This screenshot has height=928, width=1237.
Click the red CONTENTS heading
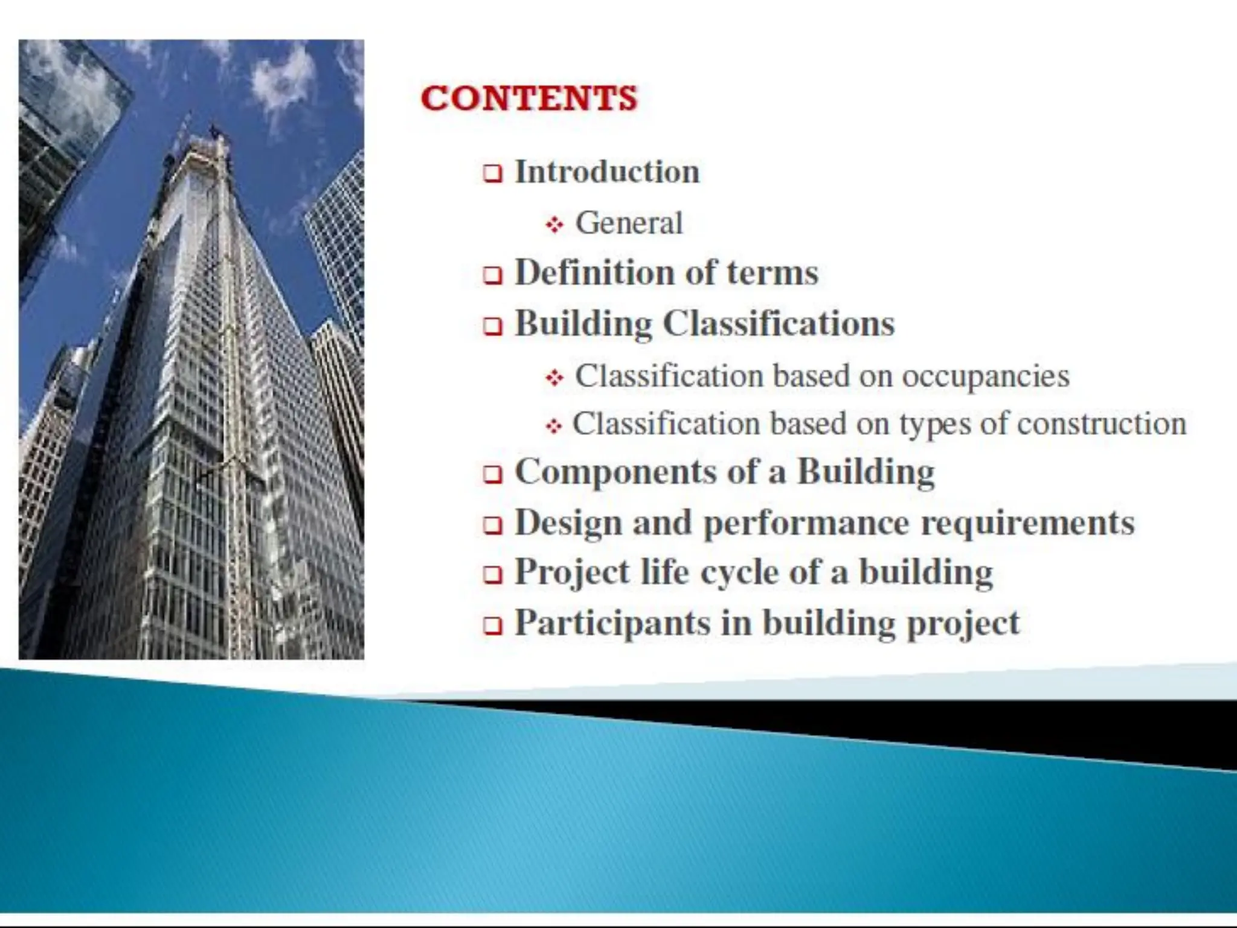click(x=529, y=98)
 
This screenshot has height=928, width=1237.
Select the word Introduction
click(x=607, y=172)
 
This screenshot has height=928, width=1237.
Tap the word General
click(x=629, y=223)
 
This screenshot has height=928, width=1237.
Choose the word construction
click(x=1102, y=424)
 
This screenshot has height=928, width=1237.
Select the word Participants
click(x=612, y=623)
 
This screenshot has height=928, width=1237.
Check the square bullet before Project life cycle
click(x=492, y=575)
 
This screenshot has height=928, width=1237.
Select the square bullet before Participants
click(x=492, y=626)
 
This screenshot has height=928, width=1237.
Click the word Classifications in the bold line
click(x=779, y=324)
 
